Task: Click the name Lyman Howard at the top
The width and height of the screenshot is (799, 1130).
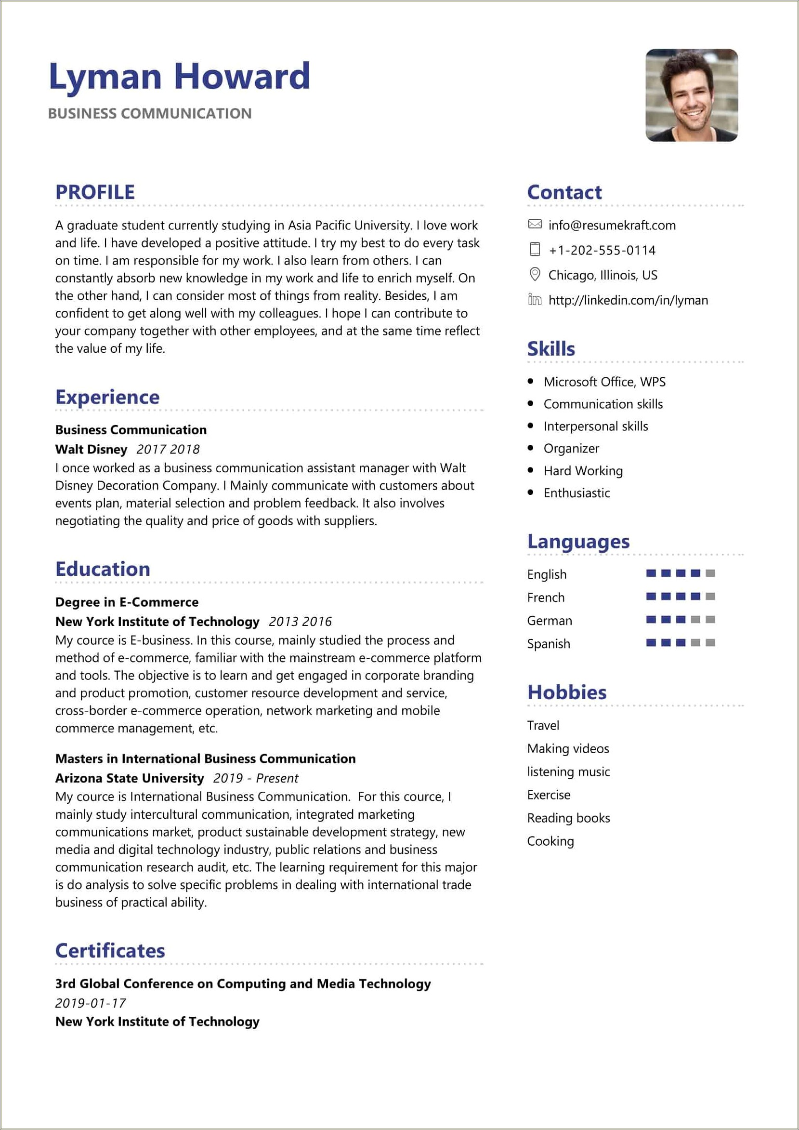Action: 180,77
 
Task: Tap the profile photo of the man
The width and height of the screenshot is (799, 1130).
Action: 691,95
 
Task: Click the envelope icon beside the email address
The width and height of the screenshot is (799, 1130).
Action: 534,225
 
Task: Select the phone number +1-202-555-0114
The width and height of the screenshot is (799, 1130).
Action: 602,250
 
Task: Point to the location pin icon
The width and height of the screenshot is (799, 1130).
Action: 534,274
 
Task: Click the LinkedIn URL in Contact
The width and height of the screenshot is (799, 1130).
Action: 628,300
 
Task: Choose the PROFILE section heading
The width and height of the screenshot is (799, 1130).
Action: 95,192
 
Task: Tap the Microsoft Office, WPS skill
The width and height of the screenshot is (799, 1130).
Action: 604,382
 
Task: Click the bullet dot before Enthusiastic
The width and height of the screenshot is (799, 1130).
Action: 530,492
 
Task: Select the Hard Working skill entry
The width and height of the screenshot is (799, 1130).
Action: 583,470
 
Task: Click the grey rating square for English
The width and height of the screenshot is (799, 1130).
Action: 710,573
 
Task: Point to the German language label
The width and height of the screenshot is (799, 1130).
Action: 549,621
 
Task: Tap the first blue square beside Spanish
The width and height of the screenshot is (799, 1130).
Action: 651,643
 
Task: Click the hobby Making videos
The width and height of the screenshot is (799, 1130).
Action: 568,748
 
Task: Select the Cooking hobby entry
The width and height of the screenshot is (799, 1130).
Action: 550,841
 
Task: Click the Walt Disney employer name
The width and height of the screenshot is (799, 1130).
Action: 91,449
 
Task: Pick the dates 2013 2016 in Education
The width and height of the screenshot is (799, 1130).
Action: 300,622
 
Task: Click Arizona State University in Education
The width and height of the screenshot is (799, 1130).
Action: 130,778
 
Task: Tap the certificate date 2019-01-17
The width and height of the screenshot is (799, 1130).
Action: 91,1002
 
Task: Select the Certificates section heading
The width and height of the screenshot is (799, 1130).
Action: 110,950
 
